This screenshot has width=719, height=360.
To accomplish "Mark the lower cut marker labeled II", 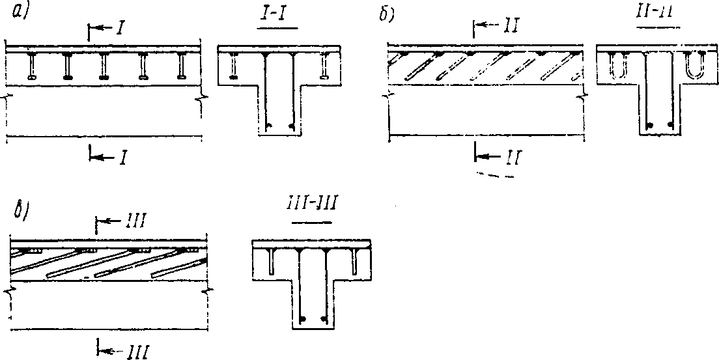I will point(496,156).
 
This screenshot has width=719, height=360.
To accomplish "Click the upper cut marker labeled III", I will point(117,223).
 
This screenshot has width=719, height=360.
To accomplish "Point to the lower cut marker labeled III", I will point(124,352).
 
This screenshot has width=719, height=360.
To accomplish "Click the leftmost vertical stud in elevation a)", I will point(32,66).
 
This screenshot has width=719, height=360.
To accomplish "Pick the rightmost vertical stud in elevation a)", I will point(180,66).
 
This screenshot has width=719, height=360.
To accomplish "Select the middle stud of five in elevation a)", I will point(104,66).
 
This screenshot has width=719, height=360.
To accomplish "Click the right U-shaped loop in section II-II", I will point(694,66).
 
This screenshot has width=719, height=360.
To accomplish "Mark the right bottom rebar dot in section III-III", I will point(324,319).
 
